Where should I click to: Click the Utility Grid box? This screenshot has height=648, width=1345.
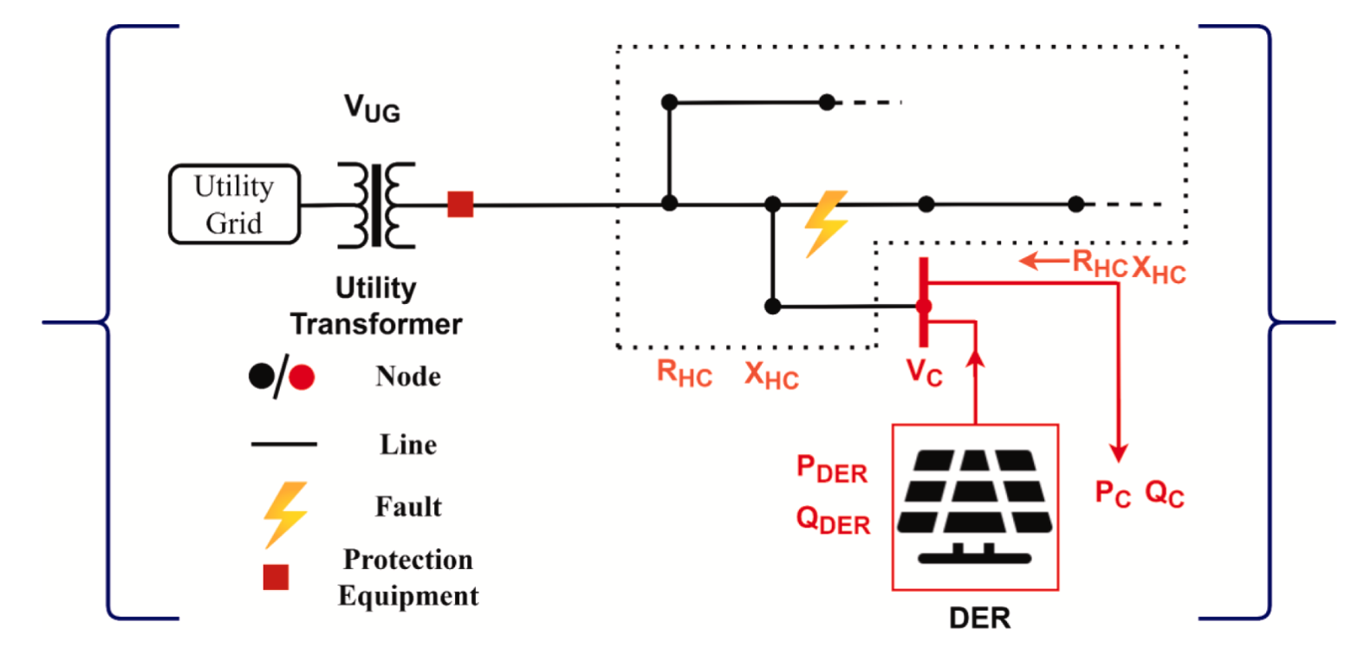tap(234, 204)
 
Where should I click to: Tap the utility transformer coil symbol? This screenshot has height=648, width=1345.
tap(376, 204)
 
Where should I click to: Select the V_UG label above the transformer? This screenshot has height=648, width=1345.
tap(373, 108)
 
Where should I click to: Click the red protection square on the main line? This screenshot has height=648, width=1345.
tap(460, 204)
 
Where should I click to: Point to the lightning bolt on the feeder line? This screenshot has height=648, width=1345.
tap(826, 224)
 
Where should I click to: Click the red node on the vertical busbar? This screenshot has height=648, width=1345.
tap(924, 307)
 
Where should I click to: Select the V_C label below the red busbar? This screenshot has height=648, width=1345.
tap(925, 373)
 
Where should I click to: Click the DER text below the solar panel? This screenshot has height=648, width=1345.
tap(979, 618)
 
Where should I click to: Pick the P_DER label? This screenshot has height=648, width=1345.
tap(832, 470)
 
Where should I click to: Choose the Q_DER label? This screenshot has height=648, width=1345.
tap(833, 520)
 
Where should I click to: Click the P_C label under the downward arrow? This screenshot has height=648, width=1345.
tap(1114, 494)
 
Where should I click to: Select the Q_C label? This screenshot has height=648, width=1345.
tap(1165, 494)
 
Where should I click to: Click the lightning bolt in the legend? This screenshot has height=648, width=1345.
tap(286, 515)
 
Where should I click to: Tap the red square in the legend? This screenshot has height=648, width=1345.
tap(276, 577)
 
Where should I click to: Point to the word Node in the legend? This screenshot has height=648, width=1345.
tap(408, 377)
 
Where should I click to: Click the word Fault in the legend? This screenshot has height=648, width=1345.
tap(408, 507)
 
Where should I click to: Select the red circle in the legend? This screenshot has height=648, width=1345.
tap(302, 378)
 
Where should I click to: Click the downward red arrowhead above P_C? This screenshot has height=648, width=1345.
tap(1118, 453)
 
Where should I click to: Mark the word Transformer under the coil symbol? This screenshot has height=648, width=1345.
tap(376, 324)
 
